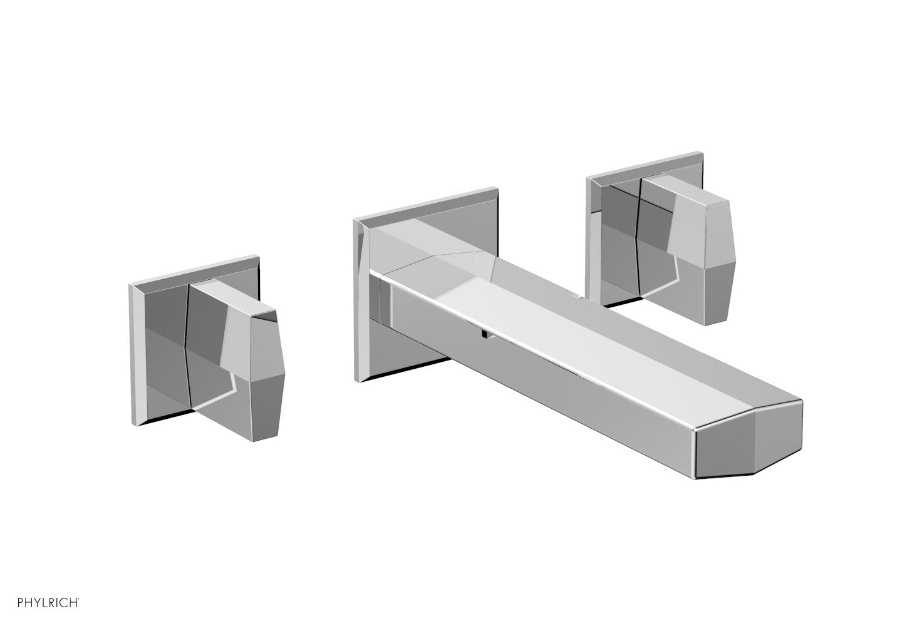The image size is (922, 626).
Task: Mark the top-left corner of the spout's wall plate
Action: point(355,220)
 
